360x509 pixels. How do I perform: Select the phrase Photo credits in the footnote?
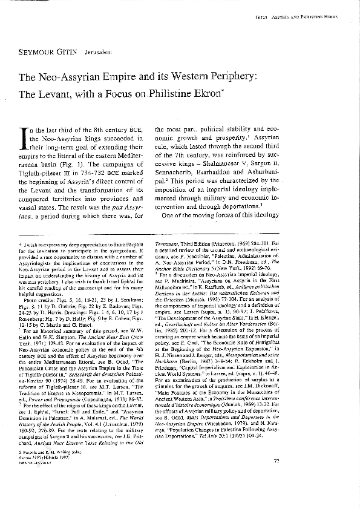click(38, 281)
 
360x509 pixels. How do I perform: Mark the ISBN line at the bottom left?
click(37, 480)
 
